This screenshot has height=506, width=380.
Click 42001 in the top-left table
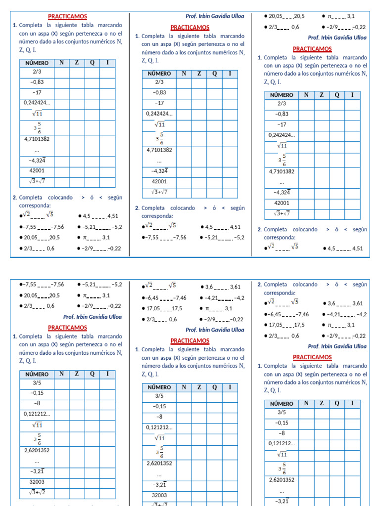[x=37, y=170]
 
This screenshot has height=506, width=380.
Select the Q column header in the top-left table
[x=92, y=63]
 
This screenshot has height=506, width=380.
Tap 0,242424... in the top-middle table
[x=159, y=114]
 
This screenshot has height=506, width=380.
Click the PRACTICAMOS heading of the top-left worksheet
[x=67, y=16]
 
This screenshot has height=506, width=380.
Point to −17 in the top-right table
[x=282, y=125]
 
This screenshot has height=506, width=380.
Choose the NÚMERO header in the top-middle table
[x=159, y=74]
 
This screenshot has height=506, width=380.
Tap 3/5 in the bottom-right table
[x=282, y=412]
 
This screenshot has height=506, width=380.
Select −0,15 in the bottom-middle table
[x=159, y=406]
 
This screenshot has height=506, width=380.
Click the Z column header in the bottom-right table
[x=322, y=404]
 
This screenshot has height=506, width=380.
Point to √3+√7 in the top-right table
[x=282, y=213]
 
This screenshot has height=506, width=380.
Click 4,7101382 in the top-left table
[x=37, y=139]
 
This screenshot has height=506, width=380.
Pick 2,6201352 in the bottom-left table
[x=37, y=451]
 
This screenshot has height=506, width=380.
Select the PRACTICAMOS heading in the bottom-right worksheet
[x=312, y=357]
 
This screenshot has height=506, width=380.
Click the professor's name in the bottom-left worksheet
[x=93, y=317]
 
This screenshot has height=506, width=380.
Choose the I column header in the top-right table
[x=352, y=95]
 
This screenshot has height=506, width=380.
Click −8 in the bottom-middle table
[x=159, y=417]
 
